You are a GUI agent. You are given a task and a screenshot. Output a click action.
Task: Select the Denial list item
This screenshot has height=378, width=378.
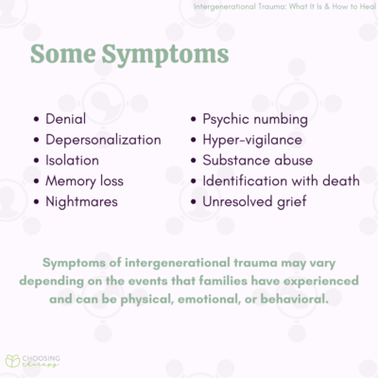(x=65, y=120)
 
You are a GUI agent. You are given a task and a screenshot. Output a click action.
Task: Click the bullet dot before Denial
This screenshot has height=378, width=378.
(x=36, y=120)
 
